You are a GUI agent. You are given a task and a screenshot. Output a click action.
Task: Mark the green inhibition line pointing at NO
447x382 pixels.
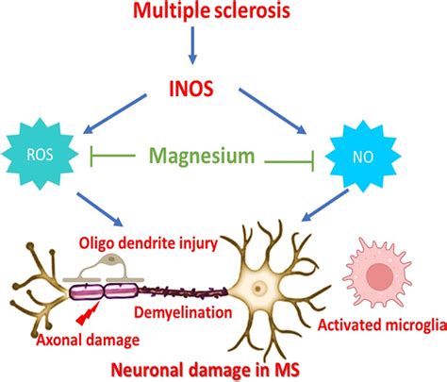tap(287, 163)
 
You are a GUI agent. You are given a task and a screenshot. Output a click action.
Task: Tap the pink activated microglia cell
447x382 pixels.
tap(382, 274)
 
